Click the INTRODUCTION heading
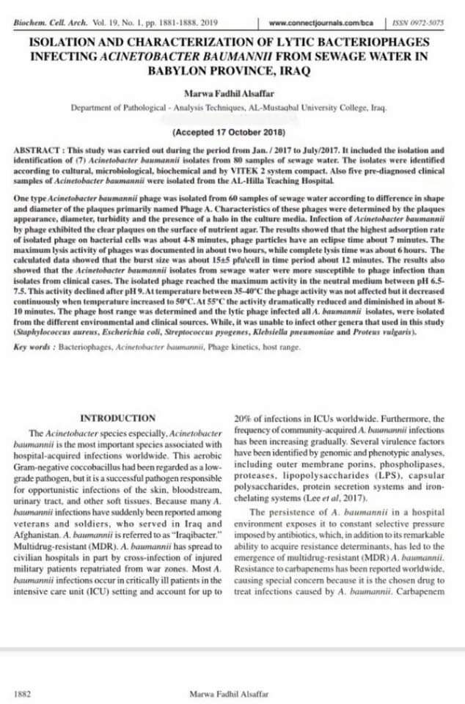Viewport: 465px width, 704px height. pyautogui.click(x=117, y=418)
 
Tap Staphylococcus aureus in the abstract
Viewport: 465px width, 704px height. pyautogui.click(x=51, y=332)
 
